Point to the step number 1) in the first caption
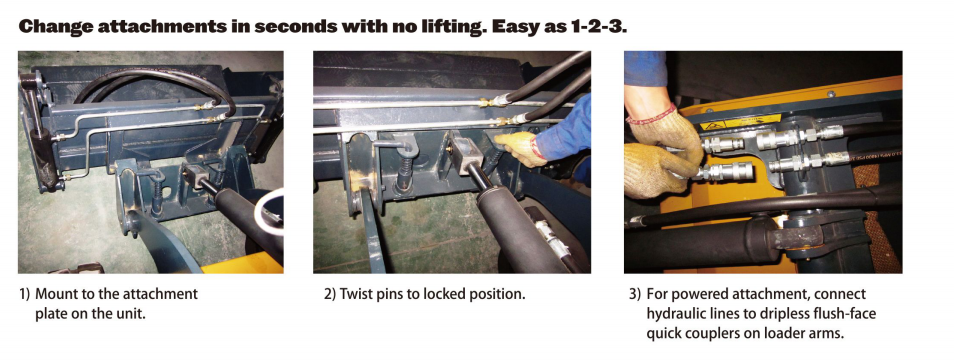[x=26, y=294]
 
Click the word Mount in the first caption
[x=60, y=294]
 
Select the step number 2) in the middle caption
[x=330, y=294]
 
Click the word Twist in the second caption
[x=361, y=294]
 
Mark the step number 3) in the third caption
[x=634, y=294]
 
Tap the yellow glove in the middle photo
[x=517, y=147]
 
